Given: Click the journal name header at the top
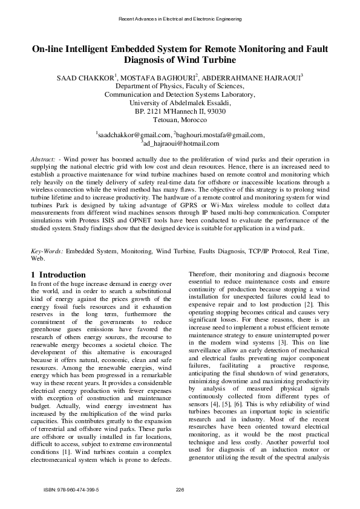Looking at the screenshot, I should (x=180, y=19).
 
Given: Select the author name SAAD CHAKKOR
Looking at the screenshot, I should (x=84, y=78).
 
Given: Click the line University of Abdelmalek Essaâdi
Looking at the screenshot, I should (x=180, y=103).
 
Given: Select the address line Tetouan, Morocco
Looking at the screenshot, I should (x=180, y=120).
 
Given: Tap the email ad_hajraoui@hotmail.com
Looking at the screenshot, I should (x=180, y=144).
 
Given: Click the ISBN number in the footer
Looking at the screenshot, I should (x=71, y=489).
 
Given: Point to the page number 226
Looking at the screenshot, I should (x=180, y=489).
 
